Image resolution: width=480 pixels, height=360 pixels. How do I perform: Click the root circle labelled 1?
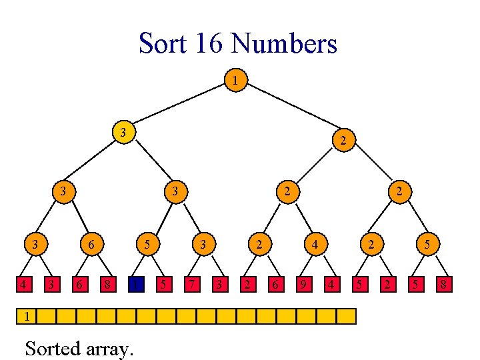pos(235,81)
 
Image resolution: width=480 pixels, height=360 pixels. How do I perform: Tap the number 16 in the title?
pos(209,44)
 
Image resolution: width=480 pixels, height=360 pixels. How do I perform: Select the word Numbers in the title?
pos(283,44)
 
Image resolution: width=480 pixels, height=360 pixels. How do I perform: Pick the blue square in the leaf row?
pos(136,285)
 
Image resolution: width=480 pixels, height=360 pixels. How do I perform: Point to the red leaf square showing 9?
pos(304,285)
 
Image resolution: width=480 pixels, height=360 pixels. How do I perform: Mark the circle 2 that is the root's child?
pos(342,140)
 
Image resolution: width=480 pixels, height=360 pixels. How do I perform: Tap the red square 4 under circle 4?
pos(331,285)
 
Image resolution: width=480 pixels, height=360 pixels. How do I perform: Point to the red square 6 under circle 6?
pos(79,285)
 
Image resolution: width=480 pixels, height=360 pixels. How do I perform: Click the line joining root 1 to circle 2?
pos(289,110)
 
